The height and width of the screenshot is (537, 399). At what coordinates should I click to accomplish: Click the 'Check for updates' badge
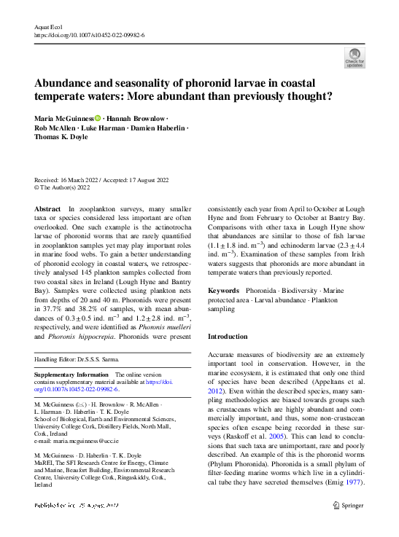pos(355,58)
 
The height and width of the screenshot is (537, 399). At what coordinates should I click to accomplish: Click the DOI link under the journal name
pos(89,35)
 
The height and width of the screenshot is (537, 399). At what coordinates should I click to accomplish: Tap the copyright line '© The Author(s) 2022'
pos(62,188)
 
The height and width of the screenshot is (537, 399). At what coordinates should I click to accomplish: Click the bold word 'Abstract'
pos(48,209)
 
